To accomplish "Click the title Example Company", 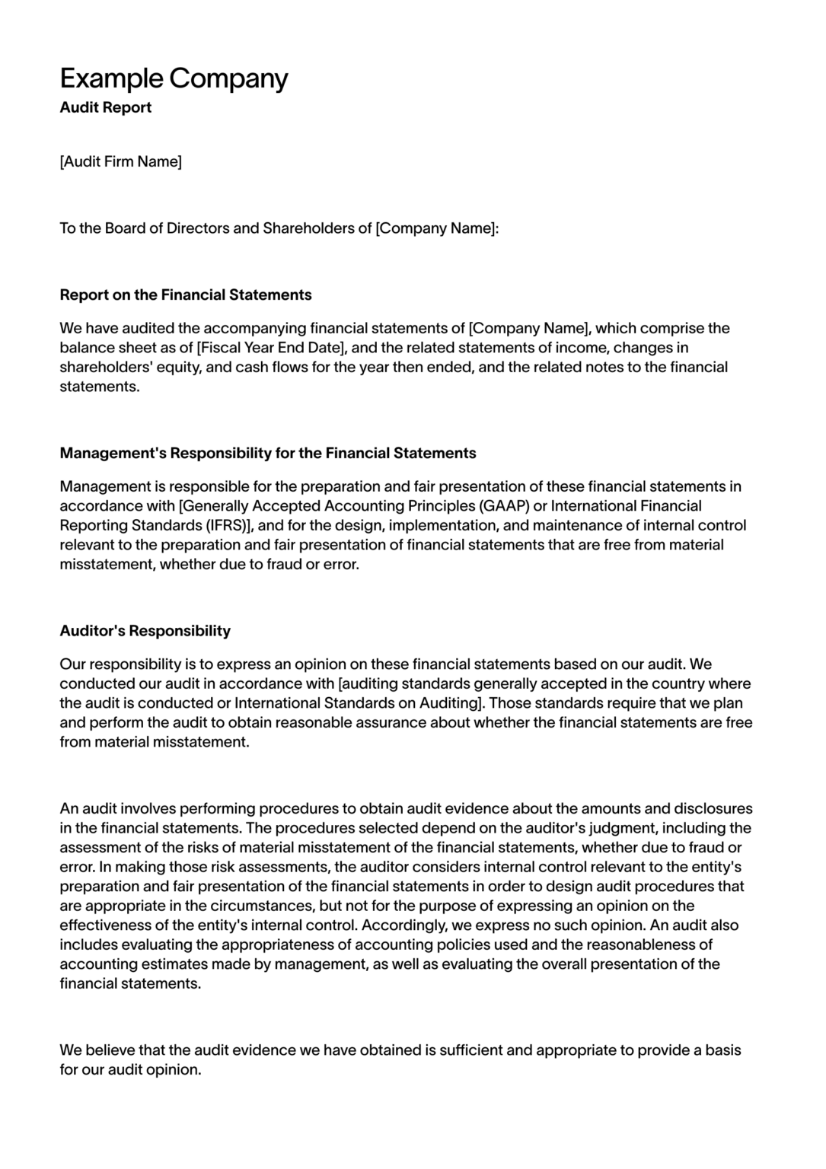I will [x=174, y=78].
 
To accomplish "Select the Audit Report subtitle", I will [x=105, y=107].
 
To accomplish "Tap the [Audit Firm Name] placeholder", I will [x=120, y=161].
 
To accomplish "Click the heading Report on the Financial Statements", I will [x=186, y=295].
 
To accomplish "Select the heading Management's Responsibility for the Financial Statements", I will [x=268, y=453].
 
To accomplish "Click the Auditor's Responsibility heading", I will [x=145, y=630].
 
